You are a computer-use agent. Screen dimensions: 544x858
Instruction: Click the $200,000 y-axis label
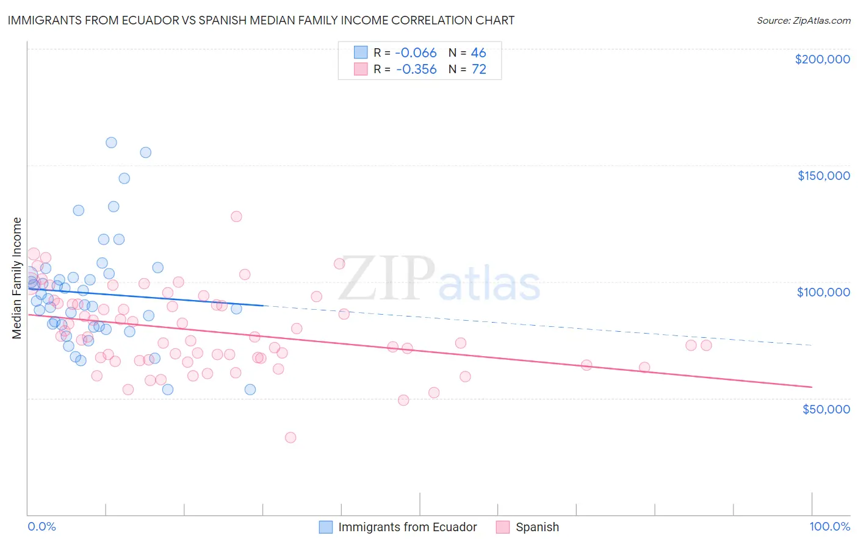coord(822,59)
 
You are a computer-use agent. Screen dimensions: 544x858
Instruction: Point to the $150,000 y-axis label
coord(823,176)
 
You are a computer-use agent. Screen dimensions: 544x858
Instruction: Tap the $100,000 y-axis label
coord(823,292)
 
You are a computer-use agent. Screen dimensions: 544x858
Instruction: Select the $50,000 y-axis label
coord(826,409)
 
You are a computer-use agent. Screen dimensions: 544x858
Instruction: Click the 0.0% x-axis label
coord(41,526)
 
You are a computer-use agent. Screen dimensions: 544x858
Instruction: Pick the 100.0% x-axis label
coord(829,526)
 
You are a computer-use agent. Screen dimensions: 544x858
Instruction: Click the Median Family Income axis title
coord(16,278)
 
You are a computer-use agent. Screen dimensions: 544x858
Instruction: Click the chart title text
coord(261,20)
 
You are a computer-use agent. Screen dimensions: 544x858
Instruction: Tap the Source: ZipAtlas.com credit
coord(803,21)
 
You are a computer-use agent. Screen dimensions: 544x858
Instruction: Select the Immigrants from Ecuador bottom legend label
coord(407,527)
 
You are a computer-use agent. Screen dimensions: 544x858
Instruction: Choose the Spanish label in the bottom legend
coord(537,527)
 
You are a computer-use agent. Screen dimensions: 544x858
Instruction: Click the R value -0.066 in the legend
coord(416,53)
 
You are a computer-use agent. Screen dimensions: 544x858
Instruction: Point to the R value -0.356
coord(416,70)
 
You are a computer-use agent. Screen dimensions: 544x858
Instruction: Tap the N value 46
coord(478,53)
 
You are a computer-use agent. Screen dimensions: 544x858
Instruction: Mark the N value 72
coord(478,70)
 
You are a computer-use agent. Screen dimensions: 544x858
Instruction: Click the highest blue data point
coord(111,143)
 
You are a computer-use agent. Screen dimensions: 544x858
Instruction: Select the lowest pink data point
coord(290,437)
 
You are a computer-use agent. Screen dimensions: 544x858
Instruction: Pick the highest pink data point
coord(236,217)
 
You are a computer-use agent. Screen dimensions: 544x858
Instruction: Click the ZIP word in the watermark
coord(387,278)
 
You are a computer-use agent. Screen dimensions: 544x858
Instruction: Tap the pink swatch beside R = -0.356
coord(361,70)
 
